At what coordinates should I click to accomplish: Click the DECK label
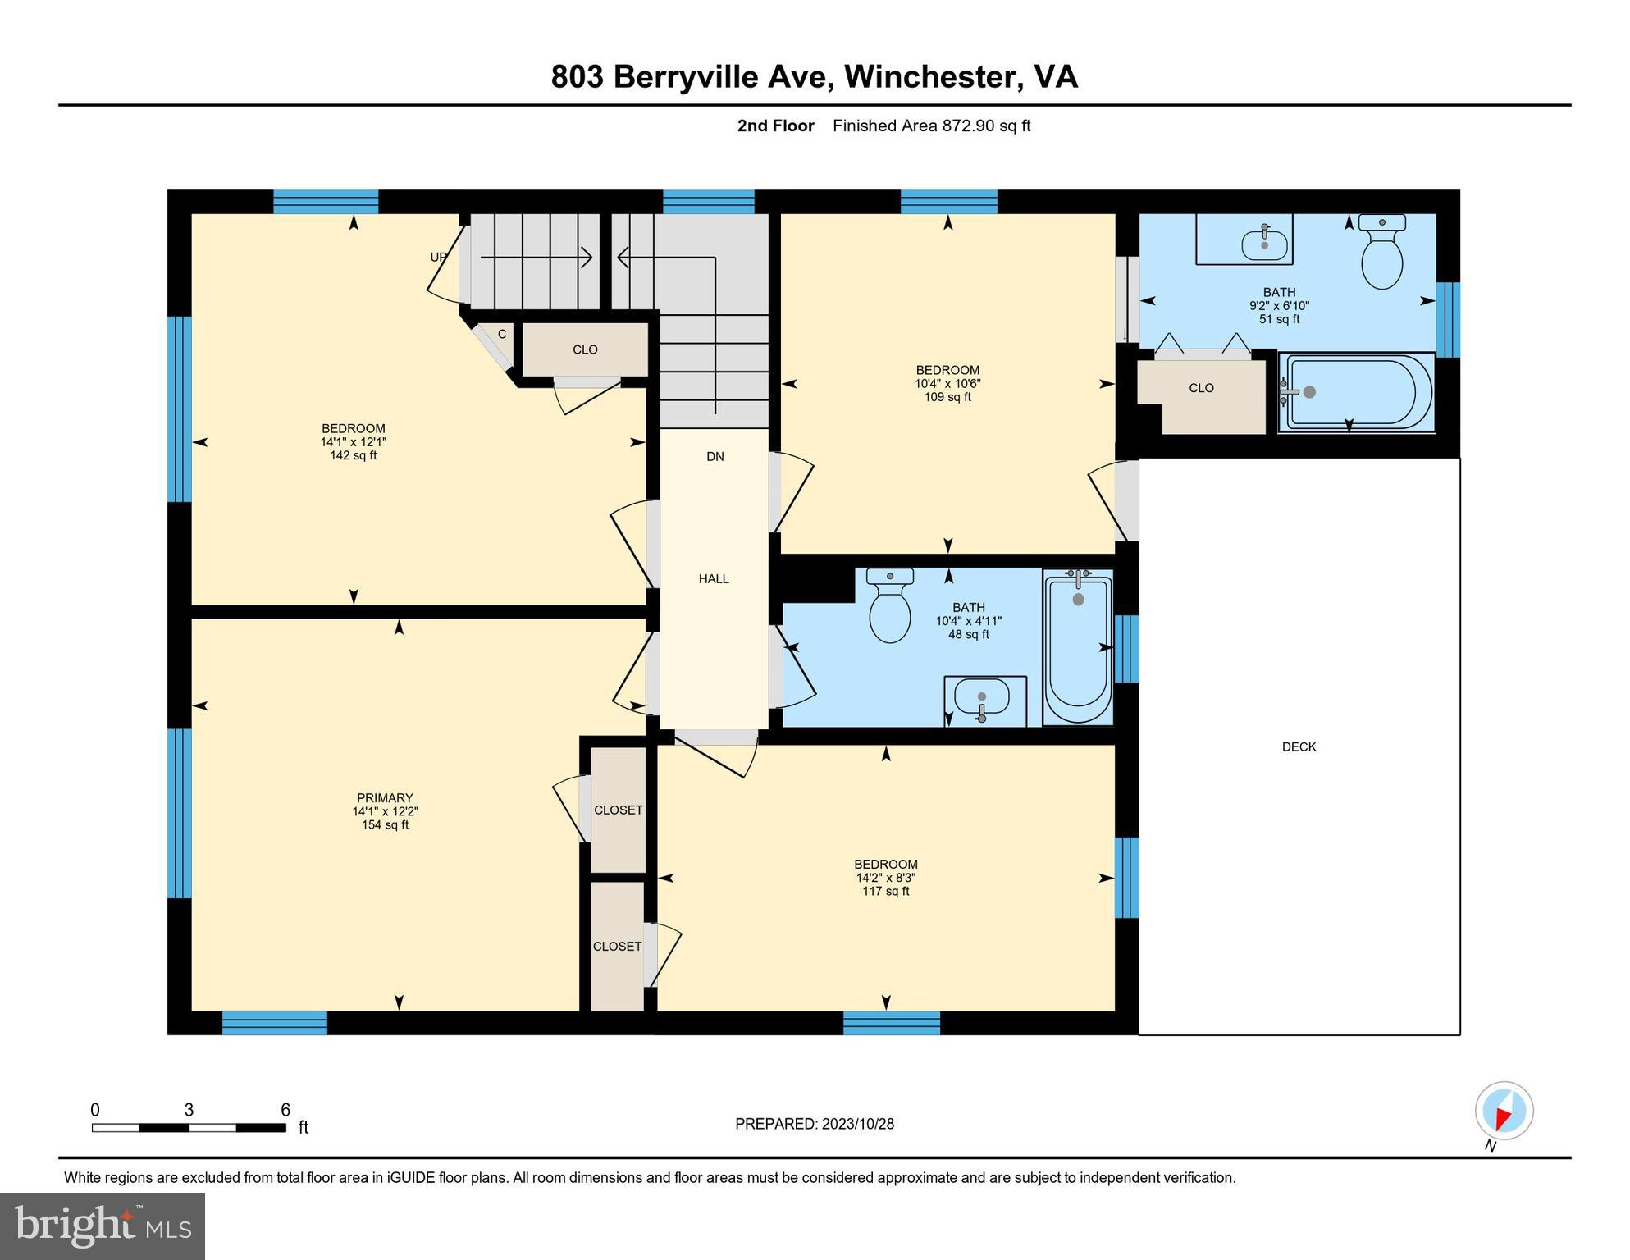[x=1299, y=746]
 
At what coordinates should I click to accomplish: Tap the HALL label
[x=714, y=578]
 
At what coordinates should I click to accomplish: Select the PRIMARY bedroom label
[x=385, y=797]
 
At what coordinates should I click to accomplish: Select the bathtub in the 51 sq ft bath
[x=1358, y=392]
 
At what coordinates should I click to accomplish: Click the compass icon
[x=1504, y=1112]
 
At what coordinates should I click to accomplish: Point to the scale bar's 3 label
[x=189, y=1110]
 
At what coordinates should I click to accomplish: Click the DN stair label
[x=715, y=456]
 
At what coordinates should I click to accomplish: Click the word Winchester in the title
[x=930, y=76]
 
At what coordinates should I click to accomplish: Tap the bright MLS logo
[x=103, y=1226]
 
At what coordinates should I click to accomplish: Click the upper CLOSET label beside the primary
[x=618, y=810]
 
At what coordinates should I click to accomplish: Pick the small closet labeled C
[x=502, y=334]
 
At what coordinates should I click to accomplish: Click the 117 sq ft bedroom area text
[x=886, y=891]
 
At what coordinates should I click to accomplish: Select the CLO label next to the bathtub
[x=1201, y=388]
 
